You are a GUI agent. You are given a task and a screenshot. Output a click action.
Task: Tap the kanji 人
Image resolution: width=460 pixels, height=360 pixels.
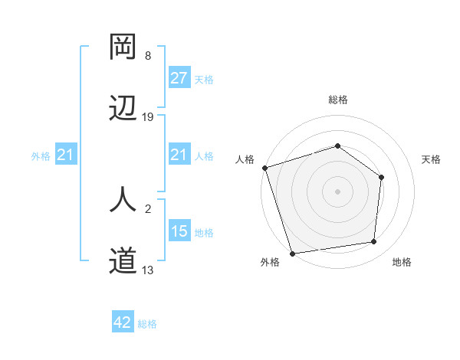click(x=123, y=201)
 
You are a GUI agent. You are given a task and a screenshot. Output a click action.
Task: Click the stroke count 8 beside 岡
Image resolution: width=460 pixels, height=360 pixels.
click(x=148, y=56)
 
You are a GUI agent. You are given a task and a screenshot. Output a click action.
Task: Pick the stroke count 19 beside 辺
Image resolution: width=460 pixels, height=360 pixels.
click(x=148, y=117)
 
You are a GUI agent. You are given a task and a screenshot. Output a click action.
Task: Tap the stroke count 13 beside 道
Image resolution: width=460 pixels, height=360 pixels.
click(x=148, y=270)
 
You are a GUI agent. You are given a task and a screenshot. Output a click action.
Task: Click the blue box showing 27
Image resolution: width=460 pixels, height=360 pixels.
click(x=179, y=78)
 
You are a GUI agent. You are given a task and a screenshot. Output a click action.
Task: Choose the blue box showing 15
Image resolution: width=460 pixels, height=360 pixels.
click(x=179, y=231)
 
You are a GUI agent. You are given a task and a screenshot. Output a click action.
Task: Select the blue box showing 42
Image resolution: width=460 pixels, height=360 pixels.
click(x=123, y=322)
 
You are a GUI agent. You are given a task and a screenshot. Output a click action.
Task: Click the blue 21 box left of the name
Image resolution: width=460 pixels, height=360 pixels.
click(x=65, y=155)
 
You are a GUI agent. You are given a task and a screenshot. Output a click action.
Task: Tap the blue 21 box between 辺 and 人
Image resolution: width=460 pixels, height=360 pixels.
click(x=179, y=155)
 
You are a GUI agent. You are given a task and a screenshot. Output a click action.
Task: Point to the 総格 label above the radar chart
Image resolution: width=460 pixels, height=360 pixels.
click(x=338, y=100)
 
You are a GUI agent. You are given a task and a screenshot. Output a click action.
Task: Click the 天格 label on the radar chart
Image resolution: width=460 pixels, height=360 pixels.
click(x=432, y=159)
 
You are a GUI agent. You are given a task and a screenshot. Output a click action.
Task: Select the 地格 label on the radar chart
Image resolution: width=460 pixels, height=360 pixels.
click(x=402, y=262)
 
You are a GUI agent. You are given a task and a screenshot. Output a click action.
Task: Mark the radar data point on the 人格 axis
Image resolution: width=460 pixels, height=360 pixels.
click(x=264, y=168)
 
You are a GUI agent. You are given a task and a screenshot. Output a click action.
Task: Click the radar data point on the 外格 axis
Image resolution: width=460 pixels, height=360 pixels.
click(x=292, y=253)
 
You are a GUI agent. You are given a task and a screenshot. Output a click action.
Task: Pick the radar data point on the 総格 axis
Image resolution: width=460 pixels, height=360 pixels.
click(x=337, y=146)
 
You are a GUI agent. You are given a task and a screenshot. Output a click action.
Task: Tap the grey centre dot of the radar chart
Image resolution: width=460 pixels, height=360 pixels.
click(x=337, y=191)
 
